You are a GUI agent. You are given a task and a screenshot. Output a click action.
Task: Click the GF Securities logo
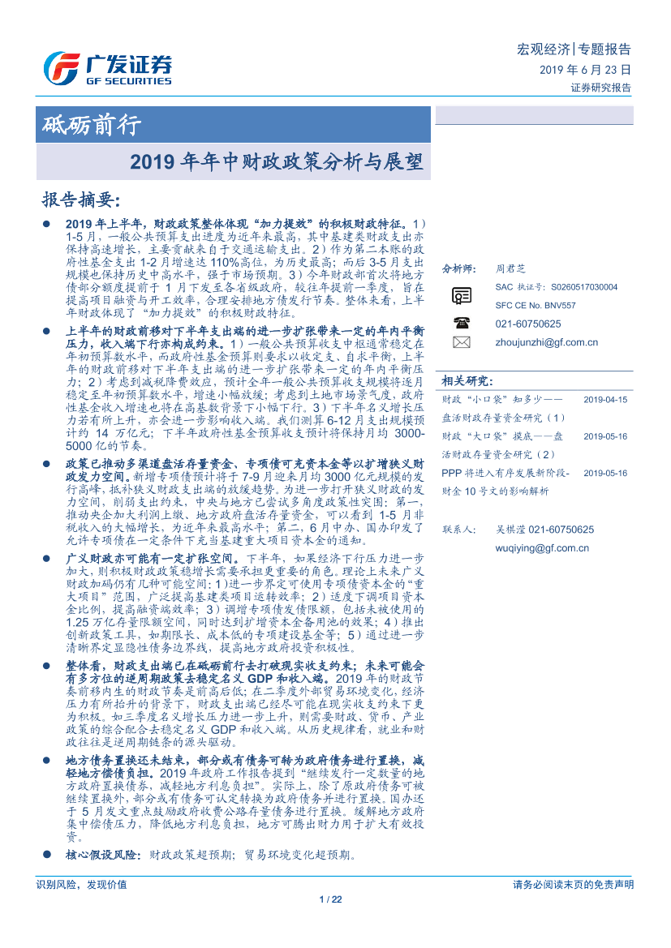[x=107, y=68]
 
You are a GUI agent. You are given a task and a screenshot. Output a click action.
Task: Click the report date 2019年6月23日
[x=584, y=70]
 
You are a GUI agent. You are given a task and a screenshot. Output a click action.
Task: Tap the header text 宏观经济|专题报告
[x=574, y=49]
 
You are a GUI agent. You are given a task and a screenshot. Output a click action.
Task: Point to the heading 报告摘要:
[x=80, y=200]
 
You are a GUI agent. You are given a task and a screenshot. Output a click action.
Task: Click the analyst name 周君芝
[x=510, y=268]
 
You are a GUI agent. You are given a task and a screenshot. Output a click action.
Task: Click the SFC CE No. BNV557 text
[x=536, y=305]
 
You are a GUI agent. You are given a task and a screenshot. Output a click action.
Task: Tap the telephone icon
[x=462, y=323]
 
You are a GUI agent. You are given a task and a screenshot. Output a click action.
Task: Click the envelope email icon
[x=462, y=342]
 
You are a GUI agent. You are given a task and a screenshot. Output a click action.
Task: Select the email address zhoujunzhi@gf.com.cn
[x=546, y=342]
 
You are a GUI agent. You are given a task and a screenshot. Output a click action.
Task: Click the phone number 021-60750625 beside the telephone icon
[x=527, y=324]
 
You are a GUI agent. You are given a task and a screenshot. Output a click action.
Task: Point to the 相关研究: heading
[x=467, y=380]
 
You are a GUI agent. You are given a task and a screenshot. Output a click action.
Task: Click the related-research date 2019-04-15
[x=605, y=400]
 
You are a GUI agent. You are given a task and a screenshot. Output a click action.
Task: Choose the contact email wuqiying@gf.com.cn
[x=542, y=548]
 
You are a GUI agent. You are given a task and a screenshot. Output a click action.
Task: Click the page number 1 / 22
[x=333, y=899]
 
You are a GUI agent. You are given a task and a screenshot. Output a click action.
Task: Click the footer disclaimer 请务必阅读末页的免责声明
[x=573, y=884]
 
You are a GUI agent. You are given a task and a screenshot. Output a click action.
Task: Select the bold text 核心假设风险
[x=104, y=855]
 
